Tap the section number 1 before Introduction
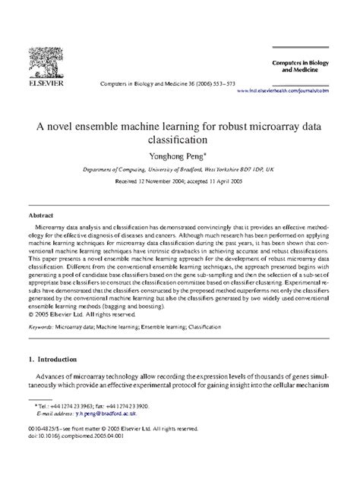tap(31, 337)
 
